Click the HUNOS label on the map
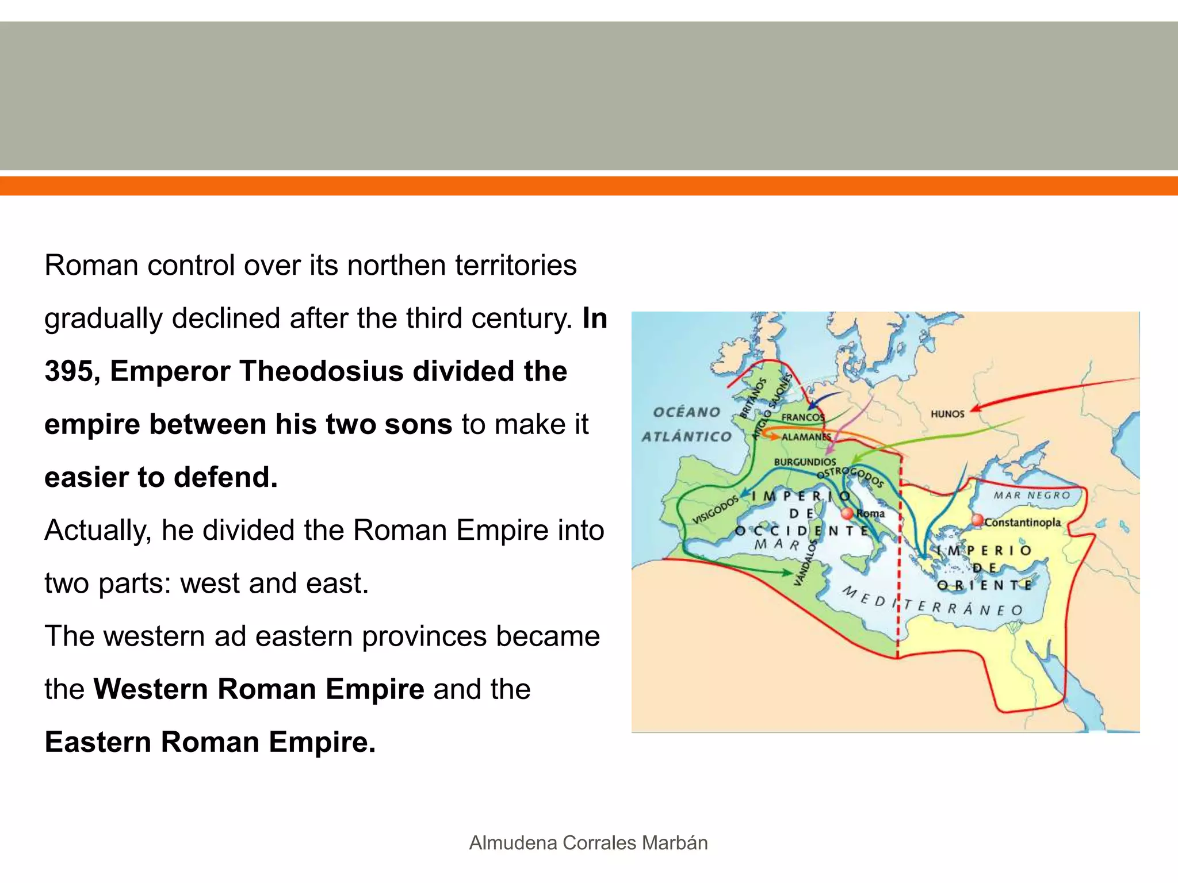pos(947,414)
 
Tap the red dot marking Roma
pos(847,513)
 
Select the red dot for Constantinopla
pos(977,520)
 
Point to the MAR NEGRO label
pos(1032,496)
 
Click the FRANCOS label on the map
pos(802,417)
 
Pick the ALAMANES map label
pos(806,437)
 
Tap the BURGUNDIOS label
pos(805,462)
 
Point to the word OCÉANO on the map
pos(687,412)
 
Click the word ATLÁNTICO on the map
pos(687,437)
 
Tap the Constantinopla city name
pos(1023,523)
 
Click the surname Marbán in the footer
pos(675,843)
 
